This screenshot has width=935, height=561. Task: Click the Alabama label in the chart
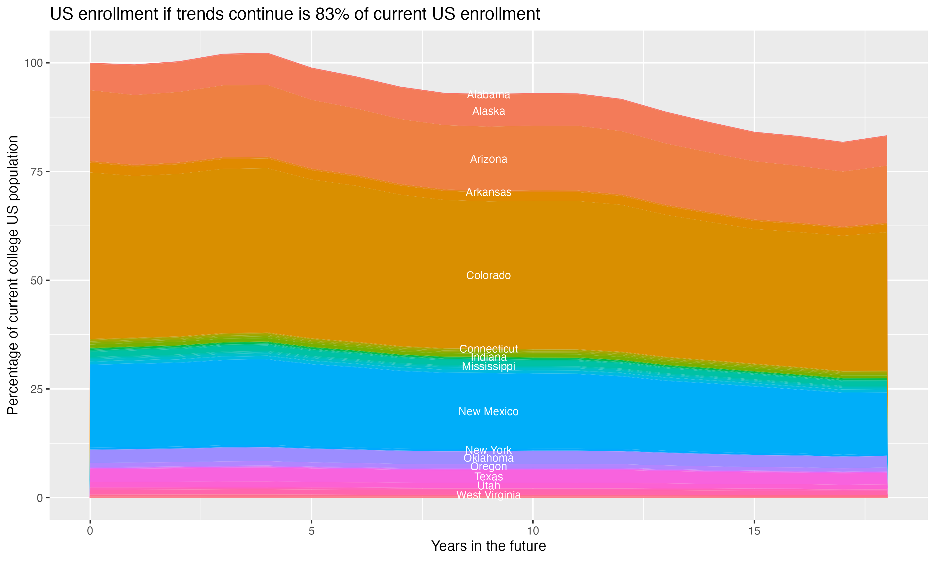(488, 95)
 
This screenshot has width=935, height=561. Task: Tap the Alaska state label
(488, 111)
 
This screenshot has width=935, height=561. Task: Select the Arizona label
(488, 159)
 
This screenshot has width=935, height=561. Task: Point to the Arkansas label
(488, 192)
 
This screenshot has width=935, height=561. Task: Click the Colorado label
(488, 275)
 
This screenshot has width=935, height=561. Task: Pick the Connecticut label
(488, 348)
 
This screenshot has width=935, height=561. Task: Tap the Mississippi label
(488, 366)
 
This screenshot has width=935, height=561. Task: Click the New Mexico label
(488, 411)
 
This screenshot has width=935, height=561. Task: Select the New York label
(488, 450)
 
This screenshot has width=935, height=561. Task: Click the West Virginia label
(488, 495)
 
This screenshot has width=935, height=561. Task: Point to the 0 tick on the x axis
(90, 531)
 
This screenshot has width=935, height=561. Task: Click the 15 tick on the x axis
(754, 531)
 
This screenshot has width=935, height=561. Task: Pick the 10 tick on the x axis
(533, 531)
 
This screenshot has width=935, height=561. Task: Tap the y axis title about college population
(13, 275)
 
